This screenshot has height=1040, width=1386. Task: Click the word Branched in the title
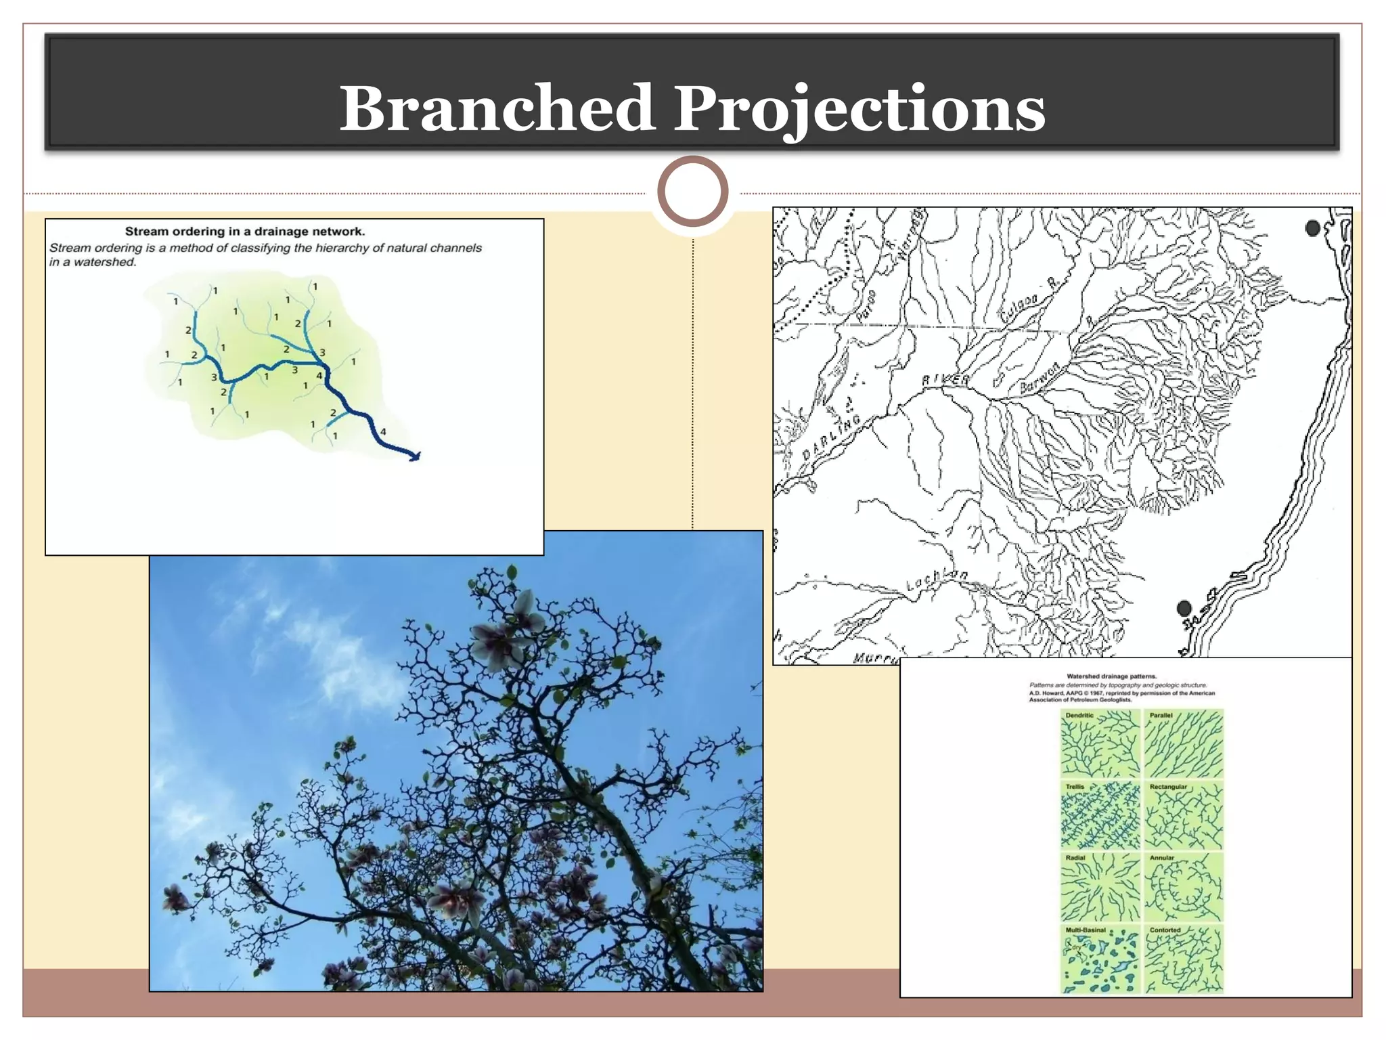pyautogui.click(x=497, y=108)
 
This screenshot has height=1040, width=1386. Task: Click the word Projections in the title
pyautogui.click(x=859, y=108)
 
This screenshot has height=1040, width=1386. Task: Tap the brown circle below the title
pyautogui.click(x=692, y=192)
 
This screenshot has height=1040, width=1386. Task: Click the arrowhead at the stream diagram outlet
pyautogui.click(x=415, y=456)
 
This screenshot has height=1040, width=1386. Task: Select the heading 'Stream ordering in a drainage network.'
pyautogui.click(x=245, y=232)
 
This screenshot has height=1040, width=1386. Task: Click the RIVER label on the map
pyautogui.click(x=945, y=380)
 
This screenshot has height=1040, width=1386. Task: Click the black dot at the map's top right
pyautogui.click(x=1312, y=229)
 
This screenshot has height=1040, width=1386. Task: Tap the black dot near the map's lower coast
pyautogui.click(x=1184, y=608)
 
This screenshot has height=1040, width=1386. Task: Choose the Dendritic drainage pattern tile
pyautogui.click(x=1100, y=743)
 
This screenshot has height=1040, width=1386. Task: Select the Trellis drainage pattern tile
pyautogui.click(x=1100, y=816)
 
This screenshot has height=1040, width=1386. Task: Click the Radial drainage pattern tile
pyautogui.click(x=1100, y=888)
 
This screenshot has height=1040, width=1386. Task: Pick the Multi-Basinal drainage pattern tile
pyautogui.click(x=1100, y=959)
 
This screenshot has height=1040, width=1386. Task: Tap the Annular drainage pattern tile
pyautogui.click(x=1184, y=888)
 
